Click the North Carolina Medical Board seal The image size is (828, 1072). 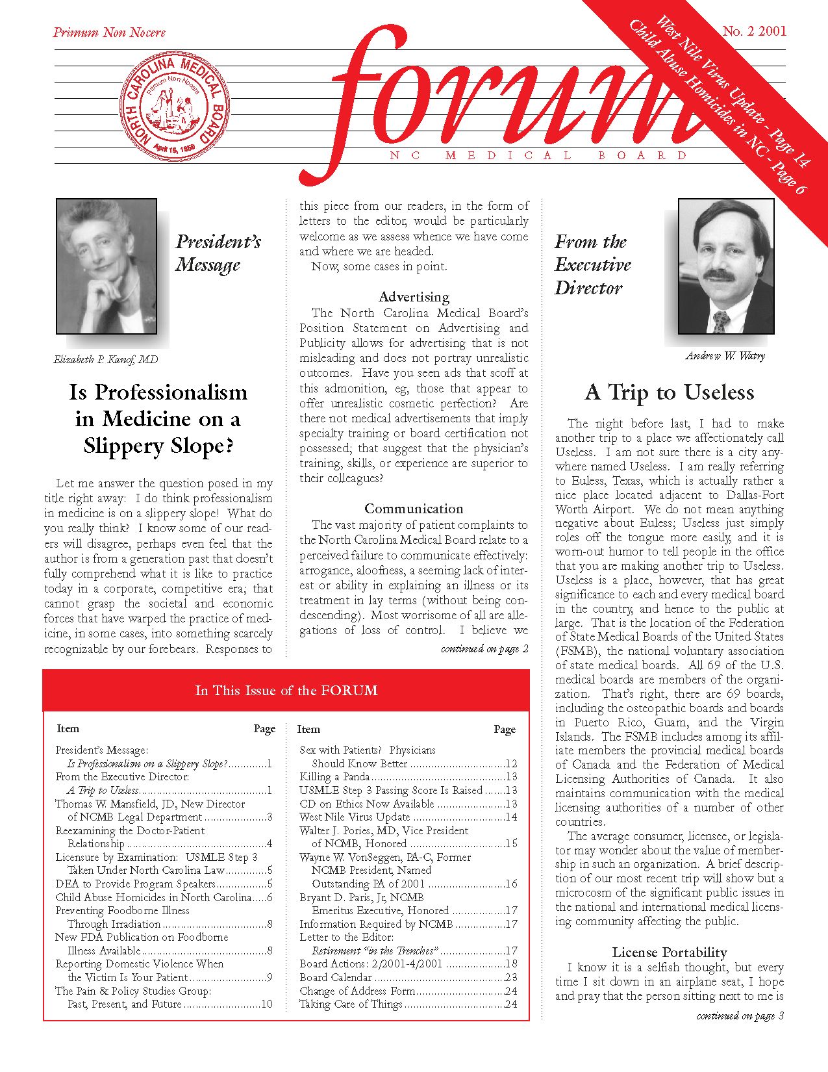pyautogui.click(x=175, y=106)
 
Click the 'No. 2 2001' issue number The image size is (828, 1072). pyautogui.click(x=754, y=31)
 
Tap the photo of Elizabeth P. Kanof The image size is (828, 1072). pyautogui.click(x=107, y=266)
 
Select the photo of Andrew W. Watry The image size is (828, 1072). pyautogui.click(x=726, y=266)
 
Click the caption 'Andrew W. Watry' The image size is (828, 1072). pyautogui.click(x=725, y=355)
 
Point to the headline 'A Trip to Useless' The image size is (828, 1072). pyautogui.click(x=669, y=392)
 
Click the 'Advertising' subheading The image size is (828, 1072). pyautogui.click(x=414, y=297)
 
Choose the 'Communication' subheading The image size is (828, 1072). pyautogui.click(x=414, y=509)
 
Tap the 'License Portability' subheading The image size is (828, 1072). pyautogui.click(x=669, y=952)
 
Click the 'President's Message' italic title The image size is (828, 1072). pyautogui.click(x=218, y=253)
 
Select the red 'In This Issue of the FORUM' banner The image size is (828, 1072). pyautogui.click(x=286, y=691)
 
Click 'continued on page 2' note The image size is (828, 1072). pyautogui.click(x=484, y=648)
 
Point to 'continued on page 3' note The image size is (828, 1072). pyautogui.click(x=740, y=1015)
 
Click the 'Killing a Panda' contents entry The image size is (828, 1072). pyautogui.click(x=334, y=777)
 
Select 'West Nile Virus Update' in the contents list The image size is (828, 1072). pyautogui.click(x=355, y=817)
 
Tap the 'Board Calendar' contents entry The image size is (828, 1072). pyautogui.click(x=336, y=977)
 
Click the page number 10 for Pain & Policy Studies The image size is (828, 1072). pyautogui.click(x=266, y=1004)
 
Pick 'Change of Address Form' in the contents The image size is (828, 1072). pyautogui.click(x=357, y=991)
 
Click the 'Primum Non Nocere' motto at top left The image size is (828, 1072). pyautogui.click(x=109, y=32)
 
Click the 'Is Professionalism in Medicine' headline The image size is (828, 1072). pyautogui.click(x=158, y=419)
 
